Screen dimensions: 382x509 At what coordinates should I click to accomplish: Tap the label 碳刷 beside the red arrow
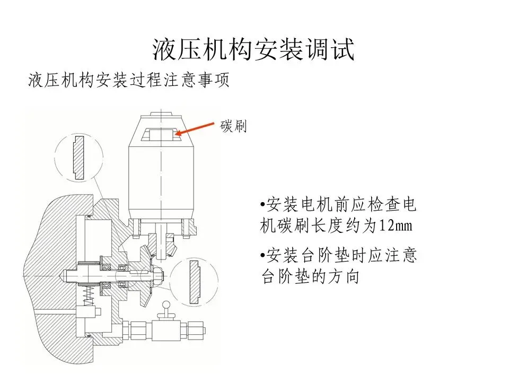[x=234, y=127]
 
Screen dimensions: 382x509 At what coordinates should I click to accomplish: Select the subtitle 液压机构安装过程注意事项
[x=129, y=81]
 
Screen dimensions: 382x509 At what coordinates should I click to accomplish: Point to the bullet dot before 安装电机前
[x=263, y=205]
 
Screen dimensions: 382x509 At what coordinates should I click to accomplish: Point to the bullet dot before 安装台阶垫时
[x=263, y=256]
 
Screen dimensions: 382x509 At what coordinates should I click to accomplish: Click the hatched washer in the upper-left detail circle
[x=78, y=157]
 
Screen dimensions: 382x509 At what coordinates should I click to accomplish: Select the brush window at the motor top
[x=162, y=133]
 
